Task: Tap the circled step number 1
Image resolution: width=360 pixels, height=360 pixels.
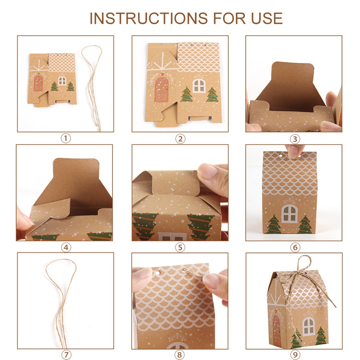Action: point(66,139)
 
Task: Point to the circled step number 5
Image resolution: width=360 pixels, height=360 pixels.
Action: point(180,247)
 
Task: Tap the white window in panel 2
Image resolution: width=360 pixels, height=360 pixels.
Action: point(198,85)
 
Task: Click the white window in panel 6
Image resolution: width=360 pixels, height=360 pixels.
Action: point(289,213)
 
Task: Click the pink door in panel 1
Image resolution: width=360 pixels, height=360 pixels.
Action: point(38,82)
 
